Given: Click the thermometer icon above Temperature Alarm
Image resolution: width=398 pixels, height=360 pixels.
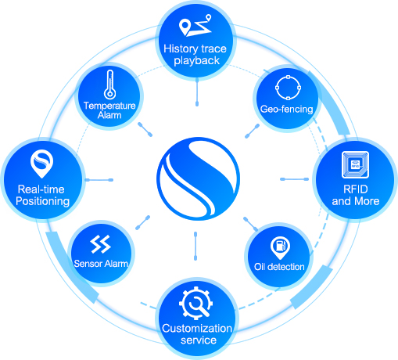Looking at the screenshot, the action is tap(109, 85).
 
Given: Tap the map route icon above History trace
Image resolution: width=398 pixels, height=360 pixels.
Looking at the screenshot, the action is tap(195, 25).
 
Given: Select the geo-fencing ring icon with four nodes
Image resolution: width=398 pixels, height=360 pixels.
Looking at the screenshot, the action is tap(288, 88).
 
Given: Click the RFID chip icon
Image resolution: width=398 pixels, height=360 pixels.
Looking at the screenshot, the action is tap(355, 164).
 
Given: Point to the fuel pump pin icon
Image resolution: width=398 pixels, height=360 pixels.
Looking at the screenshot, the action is tap(280, 247).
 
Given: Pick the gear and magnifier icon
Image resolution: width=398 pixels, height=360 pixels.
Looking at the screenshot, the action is tap(196, 303).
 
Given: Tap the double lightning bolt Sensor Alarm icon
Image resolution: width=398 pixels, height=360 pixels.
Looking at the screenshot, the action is tap(100, 244).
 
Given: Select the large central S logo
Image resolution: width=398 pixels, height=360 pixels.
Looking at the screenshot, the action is tap(198, 178).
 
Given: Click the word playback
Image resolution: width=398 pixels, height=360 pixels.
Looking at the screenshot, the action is tap(197, 61).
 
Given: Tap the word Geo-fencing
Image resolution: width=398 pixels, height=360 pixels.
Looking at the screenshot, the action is tap(287, 109).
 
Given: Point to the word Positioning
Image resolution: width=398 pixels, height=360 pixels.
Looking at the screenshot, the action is tap(43, 201).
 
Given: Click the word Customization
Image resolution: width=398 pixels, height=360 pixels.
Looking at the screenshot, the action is tap(197, 328).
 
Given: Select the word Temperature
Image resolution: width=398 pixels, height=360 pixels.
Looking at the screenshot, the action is tap(109, 106).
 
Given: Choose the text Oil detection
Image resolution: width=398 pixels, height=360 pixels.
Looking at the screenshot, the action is tap(279, 267).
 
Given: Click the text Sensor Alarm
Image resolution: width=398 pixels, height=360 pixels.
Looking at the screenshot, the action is tap(101, 264).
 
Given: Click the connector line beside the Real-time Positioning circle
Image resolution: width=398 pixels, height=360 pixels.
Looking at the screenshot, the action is tap(99, 180).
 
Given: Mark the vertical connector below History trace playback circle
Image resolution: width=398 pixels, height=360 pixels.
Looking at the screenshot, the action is tap(197, 92).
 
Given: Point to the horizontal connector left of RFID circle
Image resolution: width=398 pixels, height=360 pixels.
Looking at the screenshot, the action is tap(295, 179).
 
